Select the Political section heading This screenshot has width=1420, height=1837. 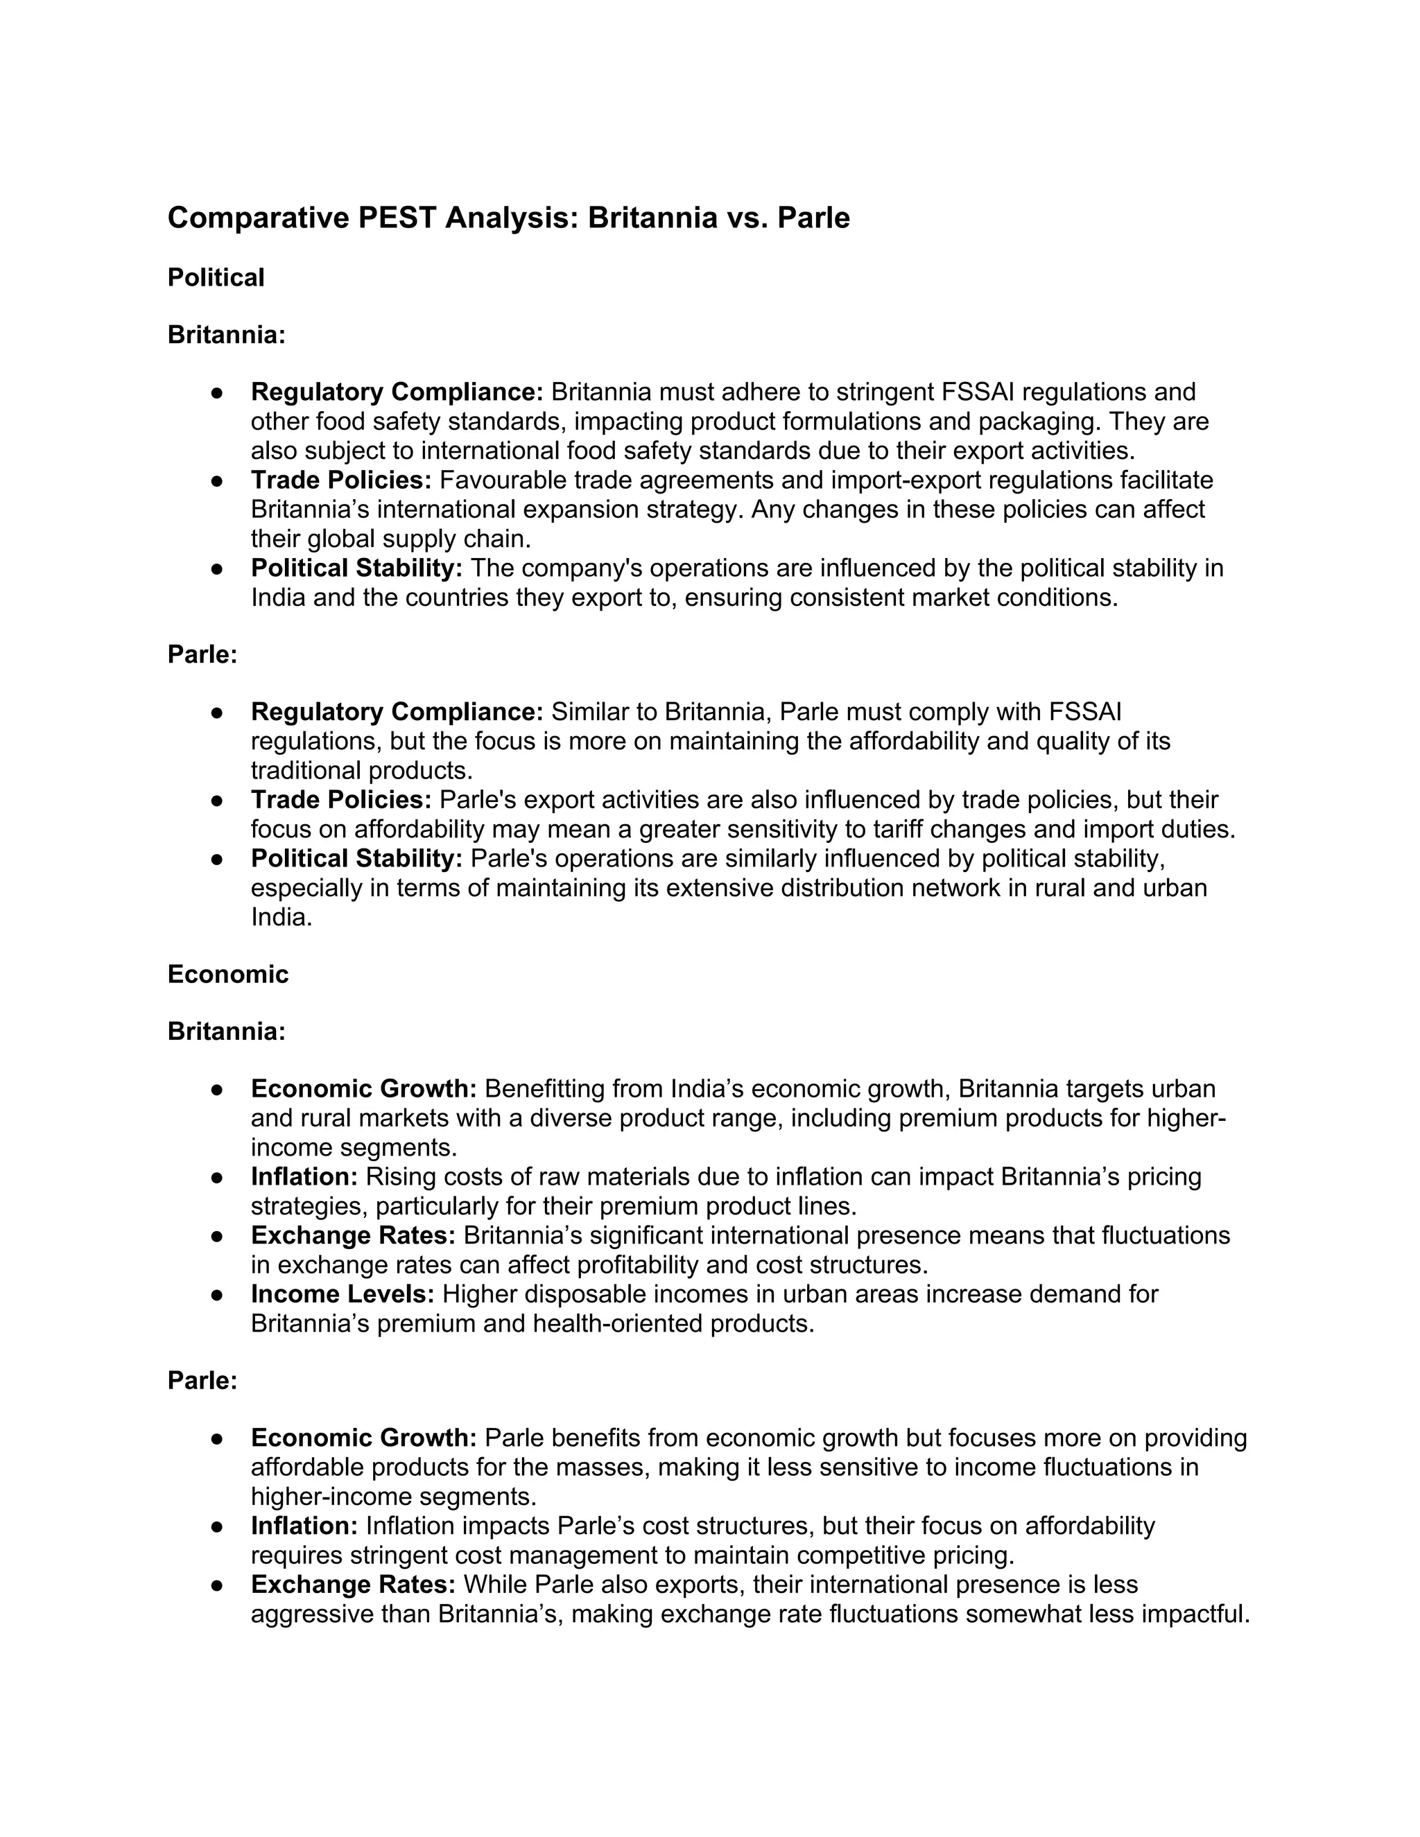(216, 277)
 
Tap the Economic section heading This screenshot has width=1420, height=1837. (227, 974)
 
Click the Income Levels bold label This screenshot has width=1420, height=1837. (343, 1294)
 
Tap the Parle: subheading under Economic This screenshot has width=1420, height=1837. (202, 1380)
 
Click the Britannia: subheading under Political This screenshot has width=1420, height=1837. (226, 335)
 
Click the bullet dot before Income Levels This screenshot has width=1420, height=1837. (216, 1294)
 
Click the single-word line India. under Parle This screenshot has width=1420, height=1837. (281, 917)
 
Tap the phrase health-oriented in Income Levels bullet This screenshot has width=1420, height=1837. (618, 1324)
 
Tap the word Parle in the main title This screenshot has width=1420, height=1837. (813, 218)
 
